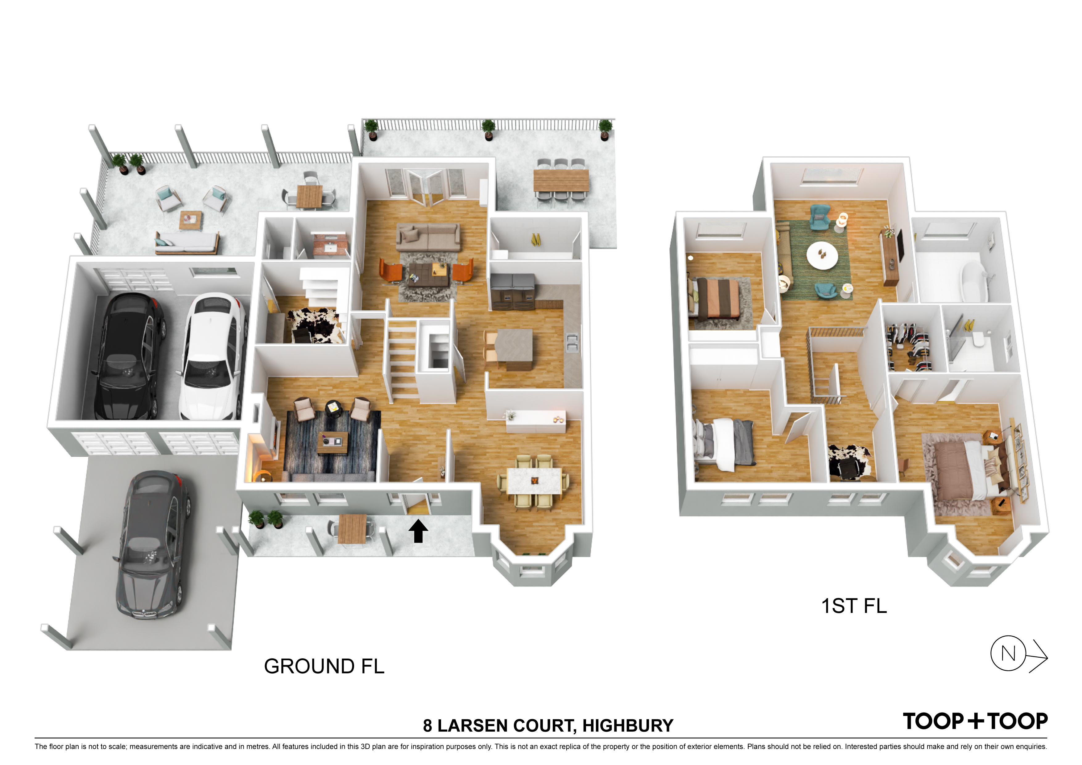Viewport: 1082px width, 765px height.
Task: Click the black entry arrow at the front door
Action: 418,531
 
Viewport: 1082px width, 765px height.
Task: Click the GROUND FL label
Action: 324,666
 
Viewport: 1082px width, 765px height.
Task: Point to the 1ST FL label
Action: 854,606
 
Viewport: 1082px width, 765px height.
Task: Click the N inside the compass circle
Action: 1008,653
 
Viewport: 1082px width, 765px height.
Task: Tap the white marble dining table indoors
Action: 535,481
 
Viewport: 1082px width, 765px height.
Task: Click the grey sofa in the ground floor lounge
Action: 428,237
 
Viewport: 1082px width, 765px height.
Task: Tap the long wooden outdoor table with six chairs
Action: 561,181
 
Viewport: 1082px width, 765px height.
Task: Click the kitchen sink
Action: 572,343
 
